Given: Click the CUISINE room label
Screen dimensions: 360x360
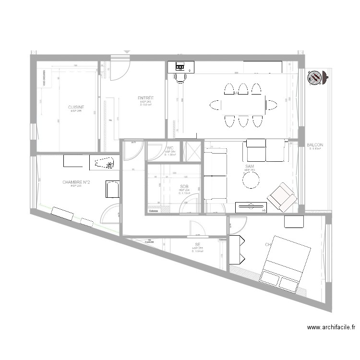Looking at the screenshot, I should [x=76, y=107].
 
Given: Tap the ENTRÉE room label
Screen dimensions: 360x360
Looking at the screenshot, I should [x=145, y=98].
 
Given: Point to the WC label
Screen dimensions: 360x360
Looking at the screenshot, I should [x=170, y=148].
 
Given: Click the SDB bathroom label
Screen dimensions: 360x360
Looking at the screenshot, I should [x=184, y=186].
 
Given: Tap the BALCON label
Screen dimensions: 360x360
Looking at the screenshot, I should [x=315, y=145].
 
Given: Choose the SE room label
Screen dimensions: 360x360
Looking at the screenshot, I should [x=197, y=244].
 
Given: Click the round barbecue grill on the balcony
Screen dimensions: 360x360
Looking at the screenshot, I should [x=316, y=77].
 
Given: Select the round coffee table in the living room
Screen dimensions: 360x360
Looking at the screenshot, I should [x=251, y=180].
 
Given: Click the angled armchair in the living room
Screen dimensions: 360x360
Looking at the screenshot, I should [x=282, y=197].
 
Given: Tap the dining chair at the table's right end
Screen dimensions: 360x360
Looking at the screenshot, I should [x=272, y=105].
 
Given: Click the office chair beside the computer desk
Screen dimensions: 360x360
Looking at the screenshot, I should [x=180, y=77].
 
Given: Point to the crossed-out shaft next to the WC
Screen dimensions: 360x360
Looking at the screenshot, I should [x=192, y=151].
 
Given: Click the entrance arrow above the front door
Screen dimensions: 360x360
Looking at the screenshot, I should [x=127, y=51].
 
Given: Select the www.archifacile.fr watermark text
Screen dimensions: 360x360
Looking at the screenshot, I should [x=331, y=327].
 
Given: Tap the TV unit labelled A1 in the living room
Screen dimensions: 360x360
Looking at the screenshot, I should [x=251, y=207].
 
